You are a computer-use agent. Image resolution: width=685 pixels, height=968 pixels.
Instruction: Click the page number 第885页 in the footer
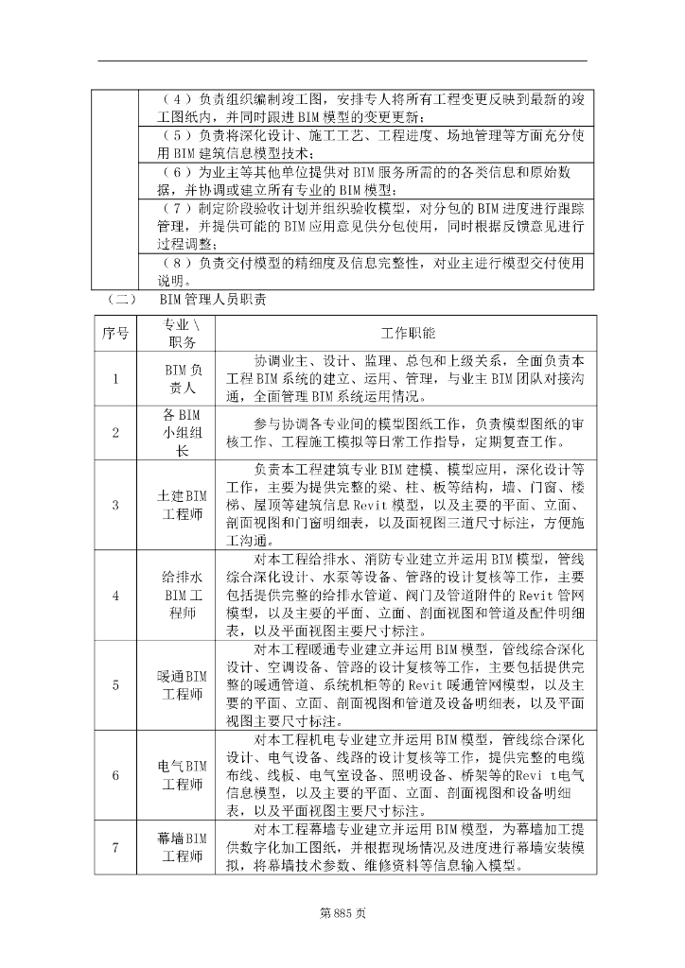click(x=342, y=914)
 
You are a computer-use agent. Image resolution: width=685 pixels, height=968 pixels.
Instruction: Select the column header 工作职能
click(x=408, y=334)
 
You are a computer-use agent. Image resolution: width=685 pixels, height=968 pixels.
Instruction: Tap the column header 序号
click(x=115, y=334)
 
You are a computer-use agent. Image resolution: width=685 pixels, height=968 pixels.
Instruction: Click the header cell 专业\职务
click(x=183, y=334)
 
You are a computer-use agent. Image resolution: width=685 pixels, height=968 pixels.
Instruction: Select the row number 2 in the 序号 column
click(x=115, y=433)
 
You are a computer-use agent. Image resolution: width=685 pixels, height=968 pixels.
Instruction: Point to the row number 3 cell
click(x=115, y=504)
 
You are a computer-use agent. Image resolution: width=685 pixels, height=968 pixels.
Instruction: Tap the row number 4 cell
click(x=115, y=596)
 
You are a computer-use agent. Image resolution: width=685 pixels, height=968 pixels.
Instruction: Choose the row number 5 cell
click(x=115, y=685)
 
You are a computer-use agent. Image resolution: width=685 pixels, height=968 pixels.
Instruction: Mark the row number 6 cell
click(x=115, y=775)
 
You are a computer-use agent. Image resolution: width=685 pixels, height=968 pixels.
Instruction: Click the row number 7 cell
click(x=115, y=848)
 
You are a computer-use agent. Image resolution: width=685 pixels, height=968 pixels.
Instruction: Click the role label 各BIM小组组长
click(x=183, y=433)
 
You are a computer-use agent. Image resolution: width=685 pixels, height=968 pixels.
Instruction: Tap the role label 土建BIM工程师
click(x=183, y=505)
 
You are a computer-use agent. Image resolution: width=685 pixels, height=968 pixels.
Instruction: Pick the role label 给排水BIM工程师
click(x=183, y=595)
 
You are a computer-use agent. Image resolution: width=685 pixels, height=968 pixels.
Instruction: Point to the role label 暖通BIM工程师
click(x=183, y=685)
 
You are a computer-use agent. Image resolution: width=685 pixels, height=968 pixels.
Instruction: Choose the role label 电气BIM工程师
click(x=183, y=775)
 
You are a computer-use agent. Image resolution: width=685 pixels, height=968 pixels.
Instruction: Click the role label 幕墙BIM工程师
click(x=183, y=848)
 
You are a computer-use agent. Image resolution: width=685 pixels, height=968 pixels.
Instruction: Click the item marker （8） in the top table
click(x=177, y=263)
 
